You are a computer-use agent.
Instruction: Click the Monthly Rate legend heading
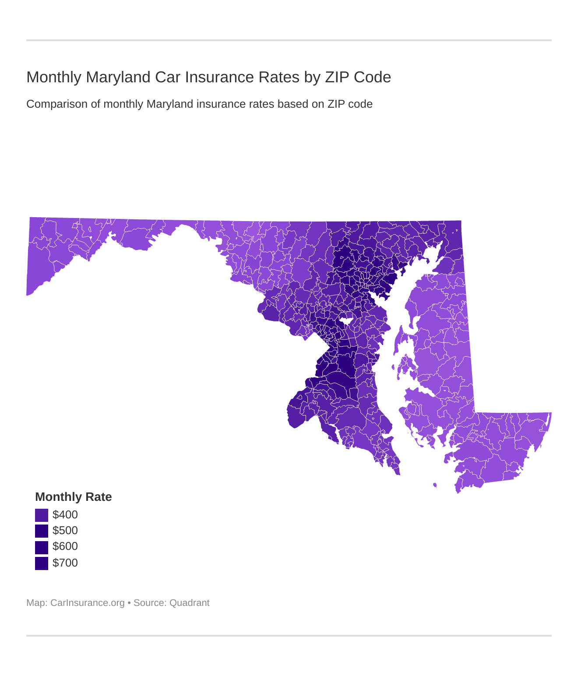coord(73,497)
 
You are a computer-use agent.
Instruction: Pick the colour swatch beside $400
coord(42,515)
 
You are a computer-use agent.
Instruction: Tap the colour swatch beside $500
coord(42,531)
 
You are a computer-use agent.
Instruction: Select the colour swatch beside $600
coord(42,547)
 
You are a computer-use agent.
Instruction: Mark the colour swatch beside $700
coord(42,563)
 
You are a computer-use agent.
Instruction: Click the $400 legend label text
coord(65,515)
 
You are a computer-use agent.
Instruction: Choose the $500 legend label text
coord(65,531)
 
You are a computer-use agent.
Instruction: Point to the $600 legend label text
coord(65,546)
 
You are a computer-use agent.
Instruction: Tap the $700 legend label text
coord(65,563)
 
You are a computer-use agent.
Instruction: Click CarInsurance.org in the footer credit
coord(88,603)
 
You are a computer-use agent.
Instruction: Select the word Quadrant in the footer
coord(189,603)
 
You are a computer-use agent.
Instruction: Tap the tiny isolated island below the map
coord(435,485)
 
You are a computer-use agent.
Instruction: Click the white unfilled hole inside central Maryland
coord(347,321)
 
